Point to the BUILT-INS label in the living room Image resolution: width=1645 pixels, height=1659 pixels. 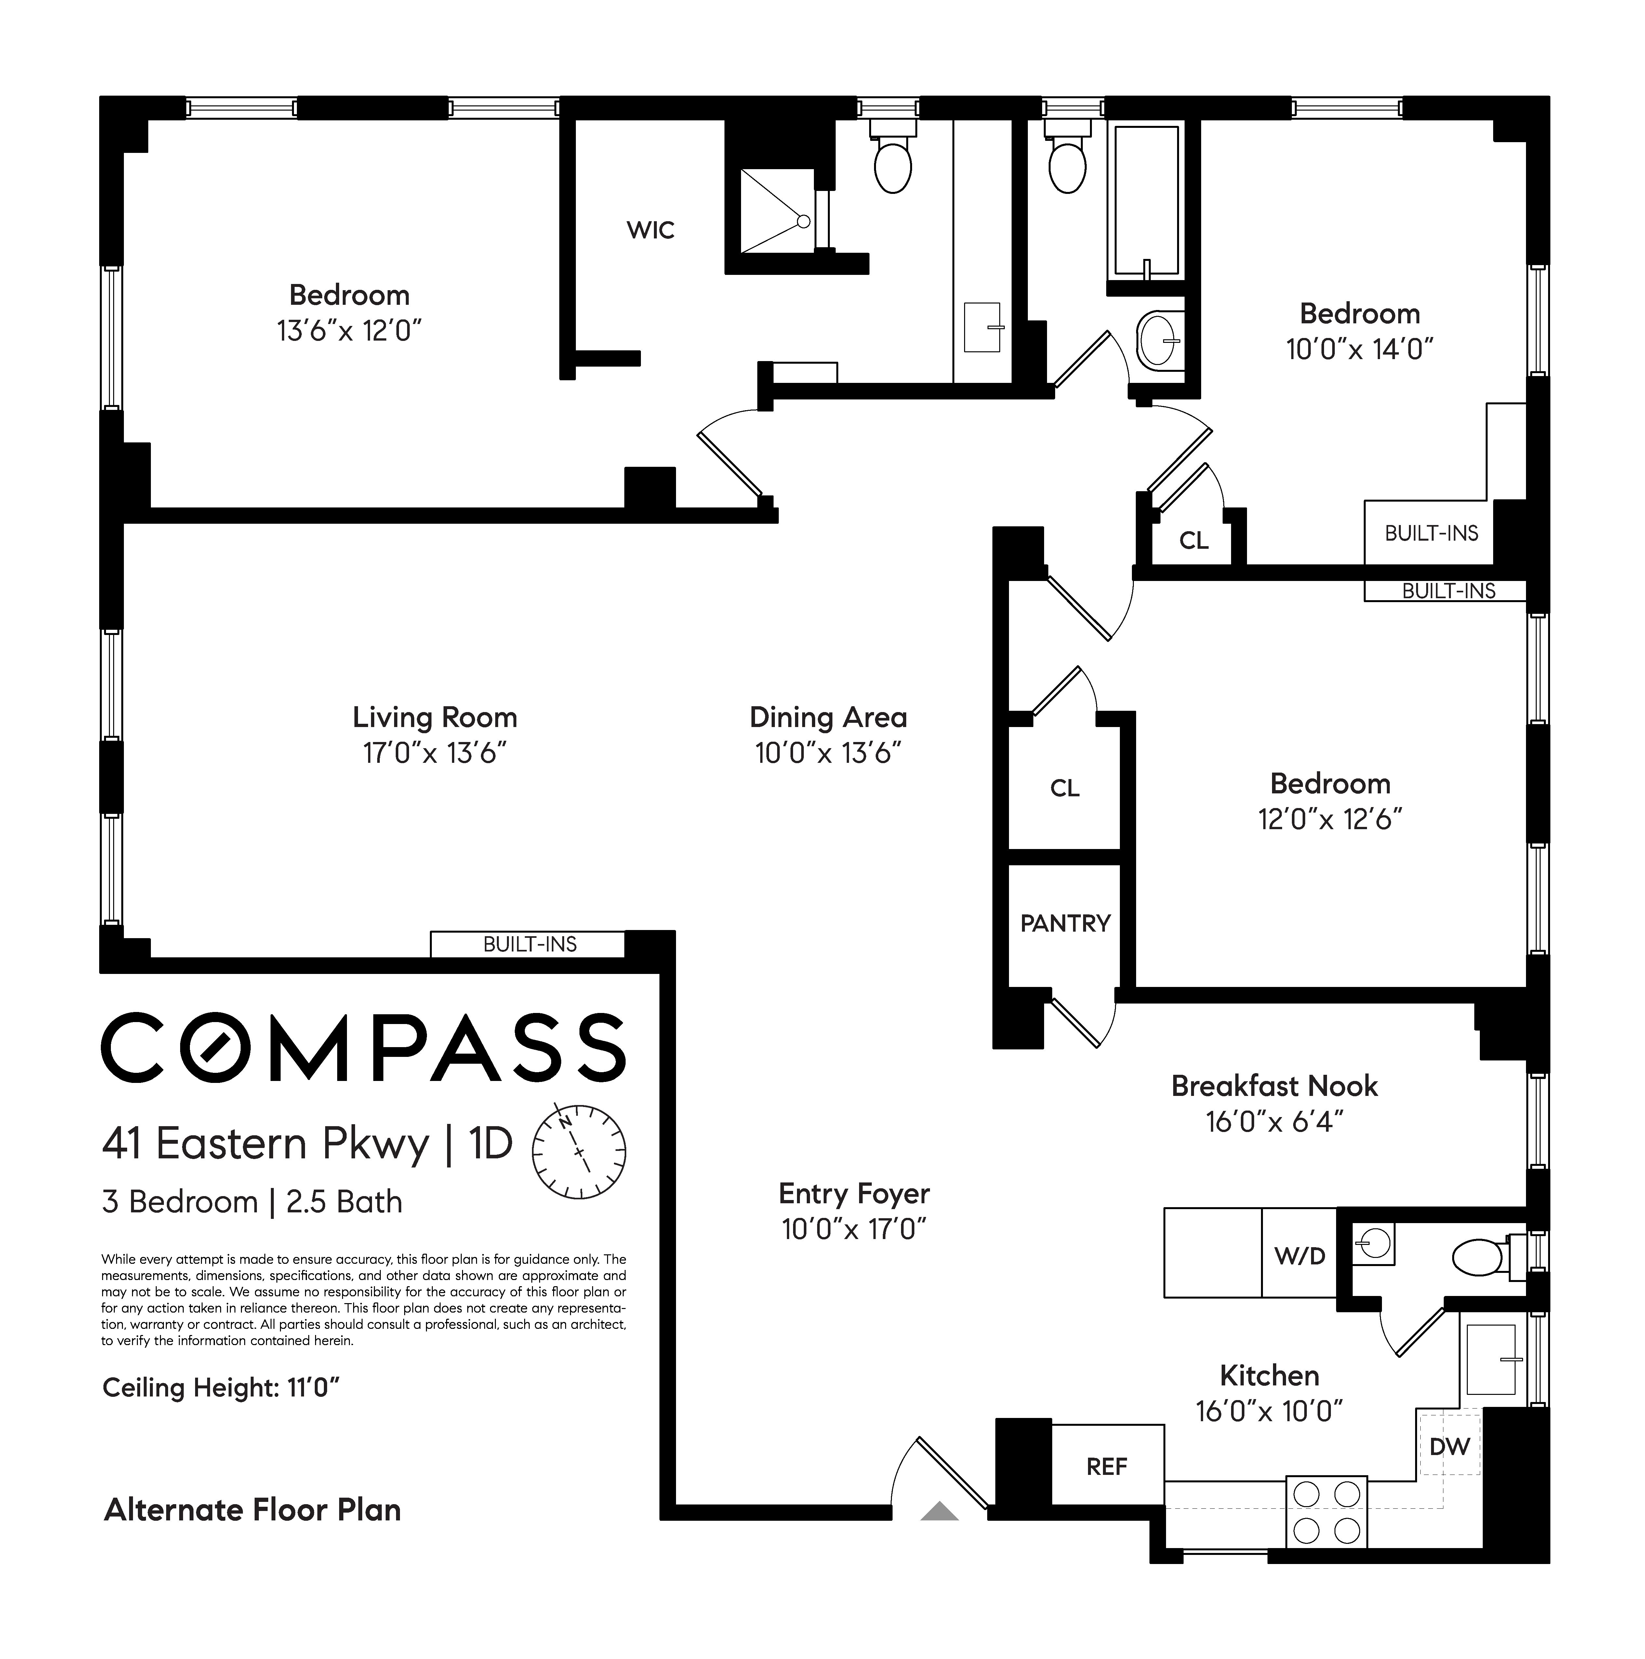530,945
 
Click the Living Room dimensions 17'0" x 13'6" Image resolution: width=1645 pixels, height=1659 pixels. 434,753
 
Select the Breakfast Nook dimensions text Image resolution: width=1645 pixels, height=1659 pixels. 1274,1122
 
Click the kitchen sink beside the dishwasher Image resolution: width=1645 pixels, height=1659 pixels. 1491,1358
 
